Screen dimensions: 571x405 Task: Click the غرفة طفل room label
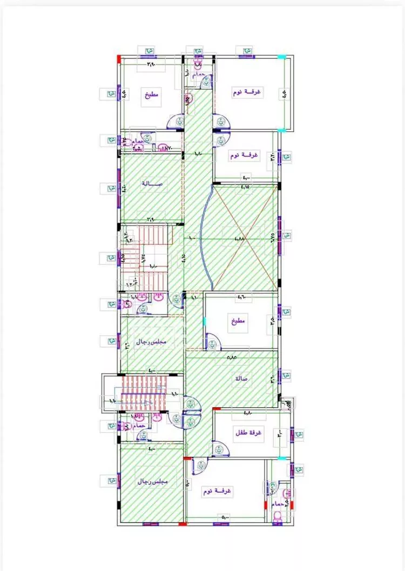click(248, 433)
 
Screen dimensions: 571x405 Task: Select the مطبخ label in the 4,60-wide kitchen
click(238, 321)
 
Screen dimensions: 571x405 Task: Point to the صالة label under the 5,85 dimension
click(241, 379)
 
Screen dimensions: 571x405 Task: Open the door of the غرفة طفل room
click(220, 448)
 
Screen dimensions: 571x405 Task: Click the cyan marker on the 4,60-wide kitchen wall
click(205, 322)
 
